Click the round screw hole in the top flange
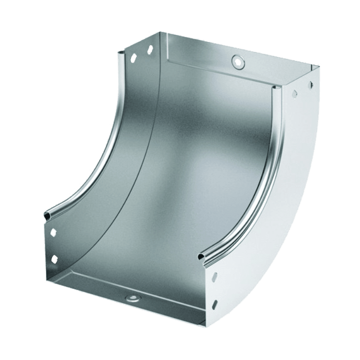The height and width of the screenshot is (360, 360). (x=236, y=61)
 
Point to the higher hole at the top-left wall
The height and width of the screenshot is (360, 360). (x=148, y=50)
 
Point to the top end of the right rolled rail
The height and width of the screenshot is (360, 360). (x=274, y=88)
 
